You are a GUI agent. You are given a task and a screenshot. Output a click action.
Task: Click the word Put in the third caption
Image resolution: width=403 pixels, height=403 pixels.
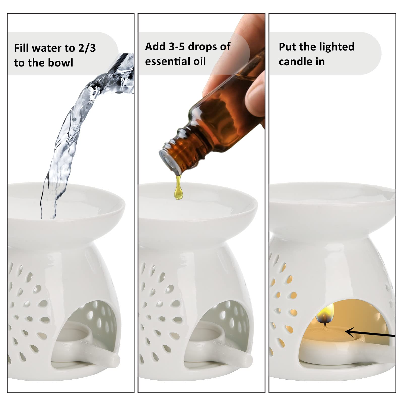click(x=287, y=47)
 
